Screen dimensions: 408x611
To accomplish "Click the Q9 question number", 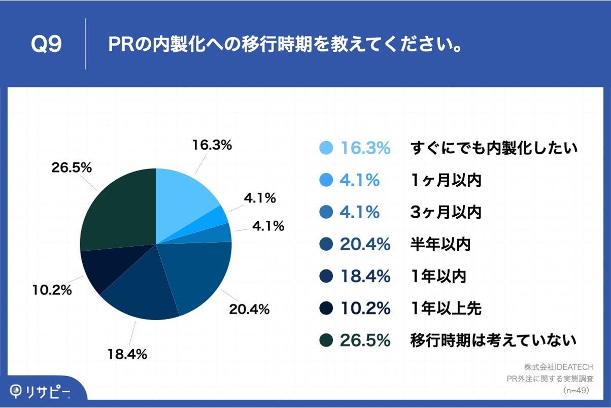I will click(46, 44).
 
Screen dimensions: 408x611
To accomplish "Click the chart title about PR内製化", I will click(284, 44).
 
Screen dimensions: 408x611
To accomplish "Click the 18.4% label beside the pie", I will click(127, 354).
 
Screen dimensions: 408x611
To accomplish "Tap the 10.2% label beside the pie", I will click(52, 291).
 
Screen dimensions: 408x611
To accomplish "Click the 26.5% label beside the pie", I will click(72, 168).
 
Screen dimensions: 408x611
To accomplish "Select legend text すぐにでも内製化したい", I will click(494, 148).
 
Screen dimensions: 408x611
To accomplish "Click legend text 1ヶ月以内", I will click(446, 180).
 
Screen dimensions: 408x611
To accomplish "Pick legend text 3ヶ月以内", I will click(446, 212).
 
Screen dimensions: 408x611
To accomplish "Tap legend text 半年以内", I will click(440, 245).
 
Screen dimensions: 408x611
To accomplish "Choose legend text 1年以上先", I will click(446, 308).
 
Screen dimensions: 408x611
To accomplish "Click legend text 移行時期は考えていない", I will click(493, 340).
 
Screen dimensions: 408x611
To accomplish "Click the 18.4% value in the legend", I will click(365, 277).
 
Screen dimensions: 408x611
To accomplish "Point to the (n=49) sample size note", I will click(576, 390).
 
